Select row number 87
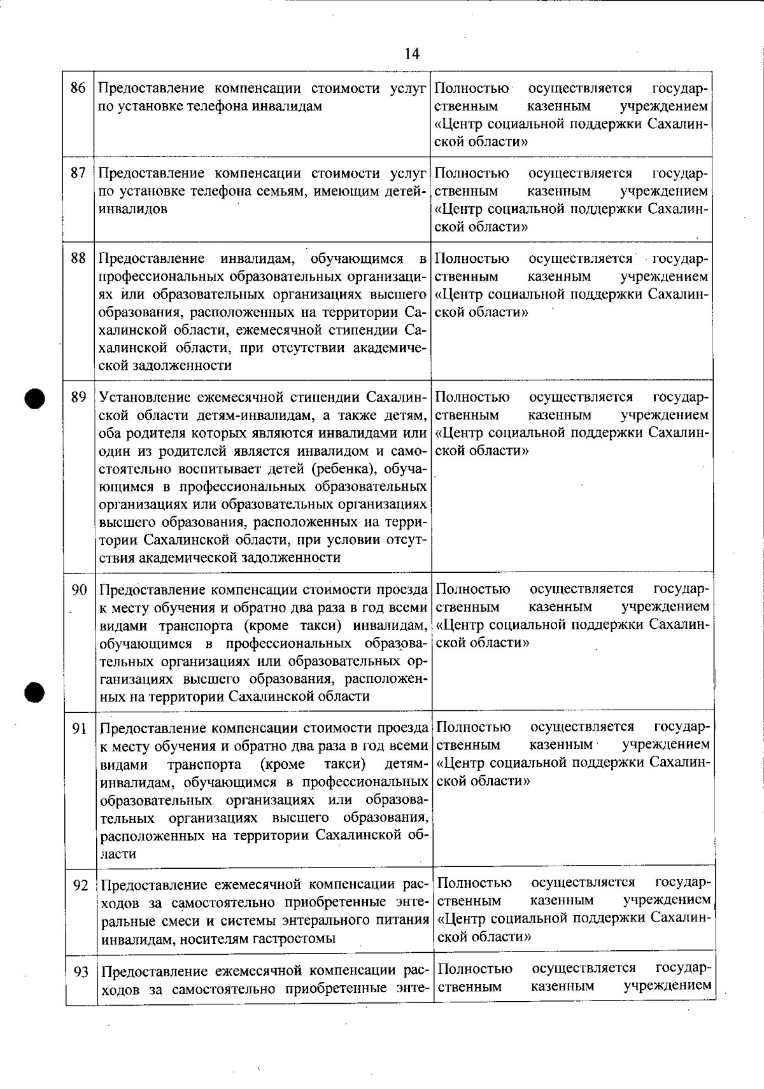[78, 173]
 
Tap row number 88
[78, 258]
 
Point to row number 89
[78, 398]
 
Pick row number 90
[79, 590]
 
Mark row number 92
[80, 885]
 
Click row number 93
[80, 972]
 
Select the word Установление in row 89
[139, 398]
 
